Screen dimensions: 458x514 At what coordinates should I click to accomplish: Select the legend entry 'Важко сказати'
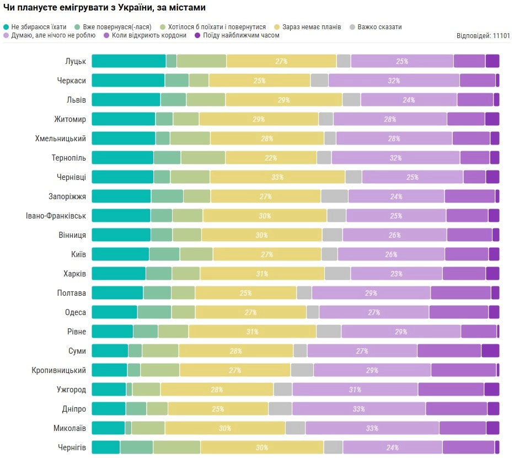(x=379, y=26)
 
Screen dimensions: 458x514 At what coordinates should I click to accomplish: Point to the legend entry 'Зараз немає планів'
(x=312, y=26)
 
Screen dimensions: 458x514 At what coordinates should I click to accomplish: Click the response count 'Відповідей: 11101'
(x=483, y=36)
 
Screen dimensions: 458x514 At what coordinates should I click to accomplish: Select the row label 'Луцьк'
(x=76, y=61)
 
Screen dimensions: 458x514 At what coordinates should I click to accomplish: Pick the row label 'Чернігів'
(x=72, y=448)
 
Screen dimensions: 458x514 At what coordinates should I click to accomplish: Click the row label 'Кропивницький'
(x=59, y=370)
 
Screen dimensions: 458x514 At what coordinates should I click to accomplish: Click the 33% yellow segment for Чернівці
(x=277, y=177)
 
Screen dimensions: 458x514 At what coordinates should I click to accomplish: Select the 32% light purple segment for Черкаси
(x=394, y=81)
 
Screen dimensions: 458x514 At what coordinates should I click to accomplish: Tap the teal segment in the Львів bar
(x=126, y=100)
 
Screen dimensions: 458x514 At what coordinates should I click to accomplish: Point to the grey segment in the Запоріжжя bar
(x=334, y=196)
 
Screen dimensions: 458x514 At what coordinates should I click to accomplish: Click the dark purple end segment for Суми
(x=490, y=351)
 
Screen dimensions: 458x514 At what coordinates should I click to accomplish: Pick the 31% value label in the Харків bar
(x=261, y=274)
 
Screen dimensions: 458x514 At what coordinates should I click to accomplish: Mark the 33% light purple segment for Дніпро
(x=358, y=409)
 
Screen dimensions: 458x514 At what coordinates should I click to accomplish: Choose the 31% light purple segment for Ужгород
(x=355, y=390)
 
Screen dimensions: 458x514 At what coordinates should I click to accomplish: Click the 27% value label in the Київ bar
(x=267, y=254)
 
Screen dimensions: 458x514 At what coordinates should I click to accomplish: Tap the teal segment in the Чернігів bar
(x=106, y=448)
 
